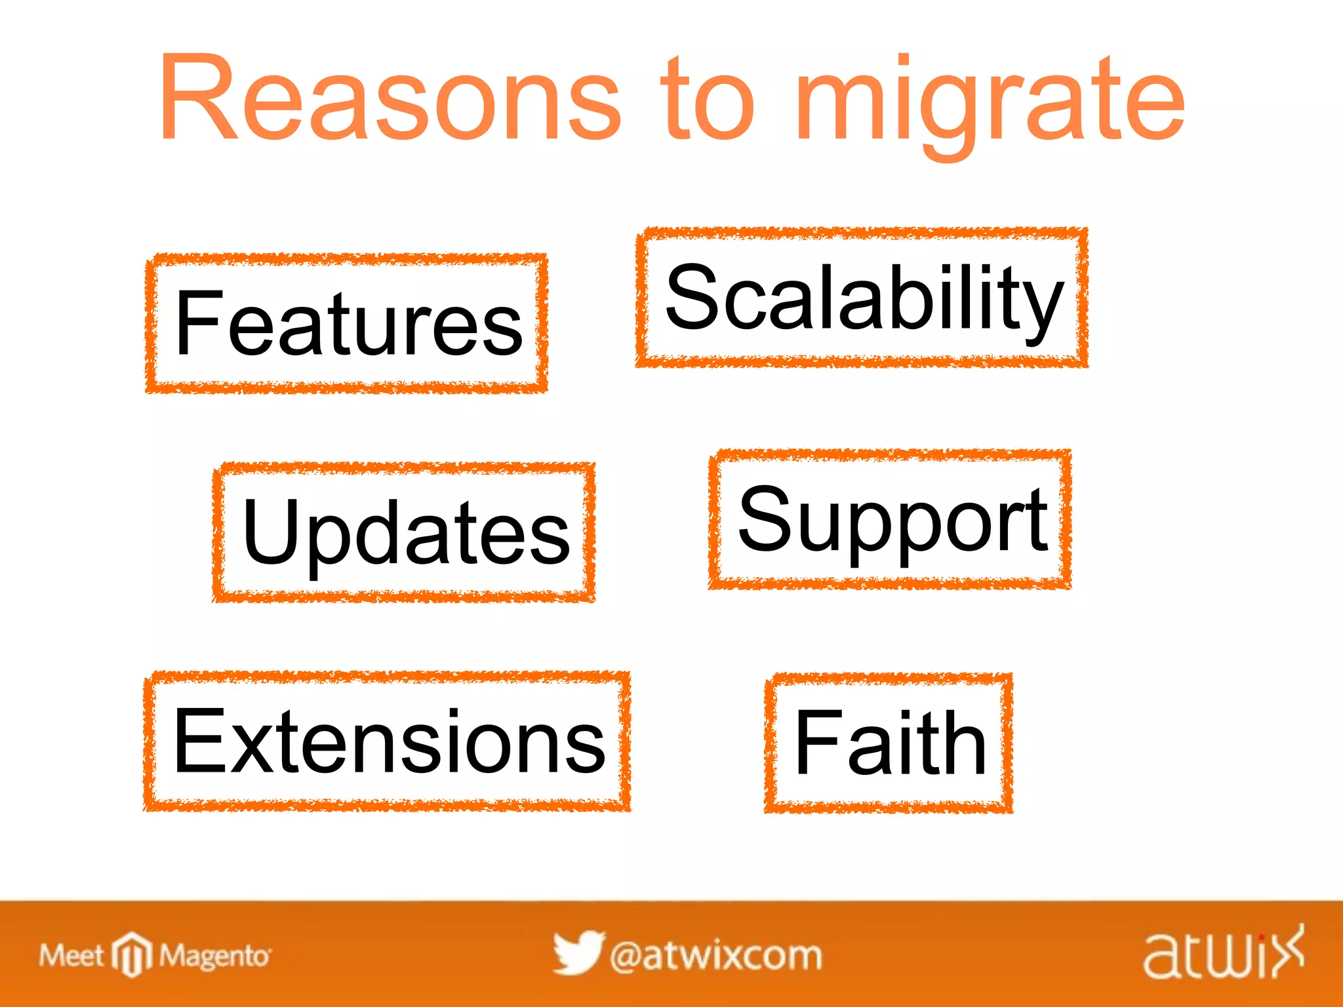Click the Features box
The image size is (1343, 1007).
[347, 323]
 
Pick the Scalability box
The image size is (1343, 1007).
[862, 297]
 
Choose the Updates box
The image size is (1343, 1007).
[404, 532]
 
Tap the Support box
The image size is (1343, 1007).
[890, 519]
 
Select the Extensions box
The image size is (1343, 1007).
[387, 741]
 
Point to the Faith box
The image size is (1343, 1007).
[889, 743]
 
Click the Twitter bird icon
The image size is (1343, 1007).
[578, 953]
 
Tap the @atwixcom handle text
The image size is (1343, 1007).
[715, 956]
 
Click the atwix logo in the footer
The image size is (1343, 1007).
[1224, 954]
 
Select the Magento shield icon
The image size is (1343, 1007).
[132, 954]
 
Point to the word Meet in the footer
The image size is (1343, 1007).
[71, 956]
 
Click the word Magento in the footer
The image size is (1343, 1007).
[214, 957]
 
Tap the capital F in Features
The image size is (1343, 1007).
[199, 323]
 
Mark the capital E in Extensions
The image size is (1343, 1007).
[199, 740]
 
